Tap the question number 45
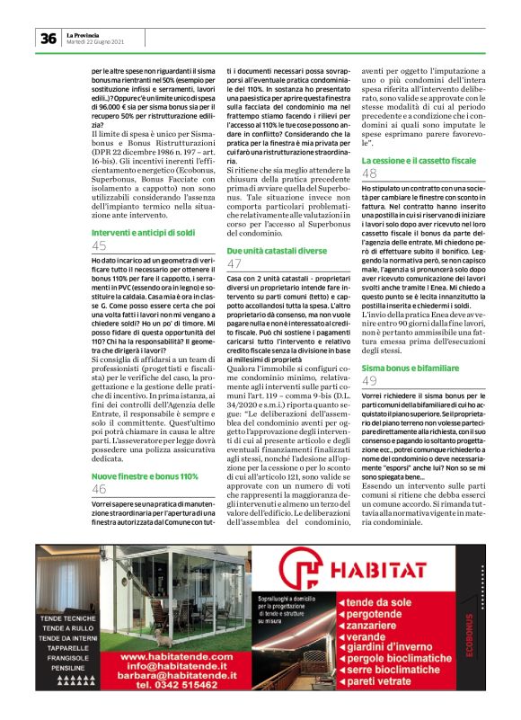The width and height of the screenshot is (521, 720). tap(99, 245)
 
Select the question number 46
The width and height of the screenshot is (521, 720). tap(99, 489)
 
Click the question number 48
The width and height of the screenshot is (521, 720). tap(369, 173)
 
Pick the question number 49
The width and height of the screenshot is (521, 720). tap(369, 381)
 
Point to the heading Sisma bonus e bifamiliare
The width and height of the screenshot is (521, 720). tap(402, 369)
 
